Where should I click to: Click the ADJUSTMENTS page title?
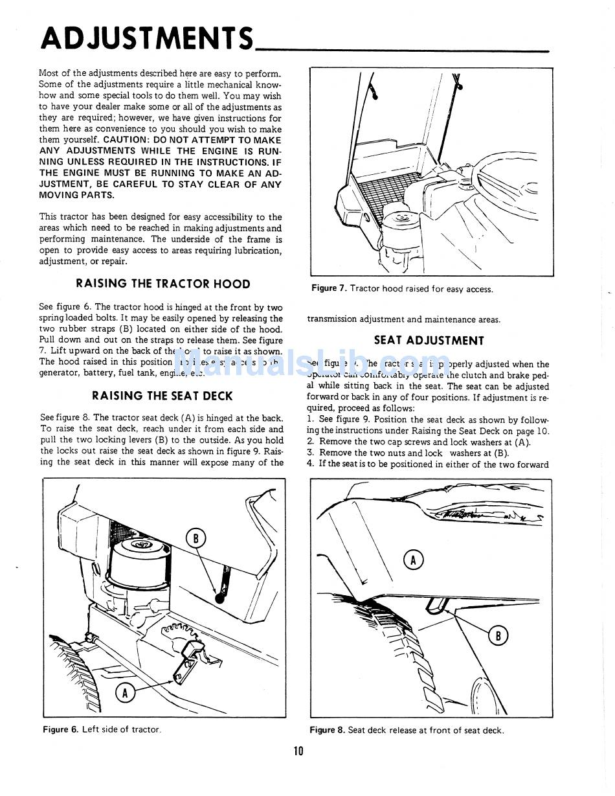coord(147,38)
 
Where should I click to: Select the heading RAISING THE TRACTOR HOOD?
coord(162,284)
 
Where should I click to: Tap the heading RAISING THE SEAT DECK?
coord(162,396)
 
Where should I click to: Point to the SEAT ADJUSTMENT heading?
coord(429,341)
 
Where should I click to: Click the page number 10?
coord(298,751)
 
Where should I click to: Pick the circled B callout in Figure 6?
coord(196,538)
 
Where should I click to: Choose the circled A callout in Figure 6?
coord(125,693)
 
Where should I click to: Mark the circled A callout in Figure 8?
coord(413,559)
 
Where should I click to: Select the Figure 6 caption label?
coord(60,730)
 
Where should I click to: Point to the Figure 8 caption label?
coord(327,731)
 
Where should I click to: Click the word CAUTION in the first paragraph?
coord(125,140)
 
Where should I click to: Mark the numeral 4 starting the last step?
coord(311,464)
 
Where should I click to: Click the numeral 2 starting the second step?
coord(311,442)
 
